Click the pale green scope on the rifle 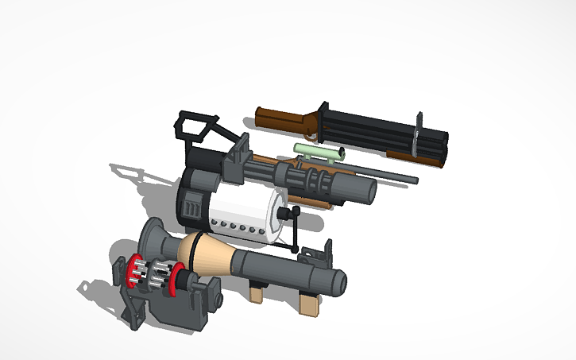click(x=318, y=151)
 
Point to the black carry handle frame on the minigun click(x=195, y=127)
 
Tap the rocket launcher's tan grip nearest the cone click(x=255, y=293)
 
